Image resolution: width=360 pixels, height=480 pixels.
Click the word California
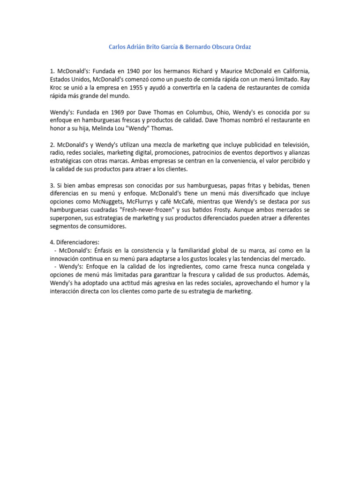click(x=292, y=71)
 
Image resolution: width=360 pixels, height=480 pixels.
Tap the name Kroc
click(x=58, y=88)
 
